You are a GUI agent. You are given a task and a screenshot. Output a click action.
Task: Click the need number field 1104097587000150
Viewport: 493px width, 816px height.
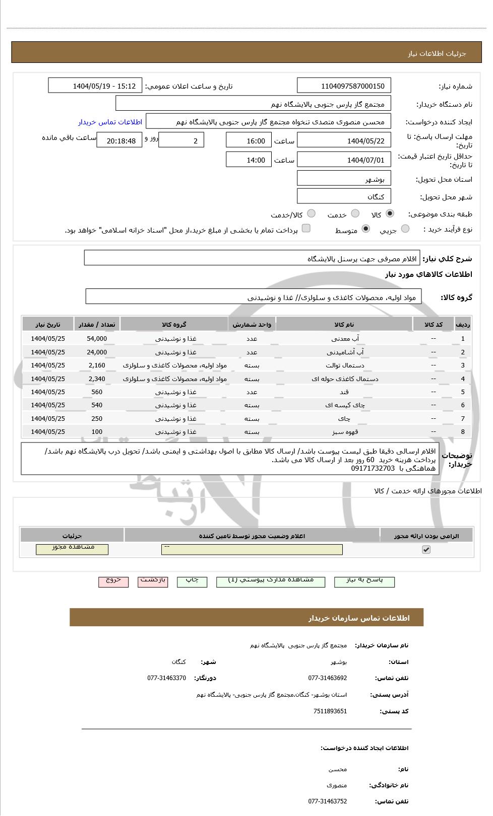point(344,86)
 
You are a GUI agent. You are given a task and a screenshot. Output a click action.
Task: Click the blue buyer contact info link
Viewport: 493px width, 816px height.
point(110,122)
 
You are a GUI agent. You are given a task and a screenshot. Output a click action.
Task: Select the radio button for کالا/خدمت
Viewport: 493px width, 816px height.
point(311,214)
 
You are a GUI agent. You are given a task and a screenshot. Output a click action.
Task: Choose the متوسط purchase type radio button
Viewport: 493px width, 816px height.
point(366,229)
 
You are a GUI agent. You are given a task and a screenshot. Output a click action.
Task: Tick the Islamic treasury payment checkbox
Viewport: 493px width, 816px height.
point(306,229)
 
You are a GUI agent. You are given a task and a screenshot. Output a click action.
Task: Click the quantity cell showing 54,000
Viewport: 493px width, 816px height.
point(97,339)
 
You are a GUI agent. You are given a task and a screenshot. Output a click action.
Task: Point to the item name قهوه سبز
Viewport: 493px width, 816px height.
point(344,432)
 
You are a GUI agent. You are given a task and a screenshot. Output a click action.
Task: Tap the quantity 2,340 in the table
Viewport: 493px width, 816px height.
point(97,379)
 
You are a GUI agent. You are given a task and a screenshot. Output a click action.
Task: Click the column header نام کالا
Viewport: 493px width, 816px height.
point(344,325)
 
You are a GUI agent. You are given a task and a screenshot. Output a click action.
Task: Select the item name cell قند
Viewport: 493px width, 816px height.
point(344,392)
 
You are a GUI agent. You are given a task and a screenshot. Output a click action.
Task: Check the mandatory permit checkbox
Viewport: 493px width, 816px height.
point(426,550)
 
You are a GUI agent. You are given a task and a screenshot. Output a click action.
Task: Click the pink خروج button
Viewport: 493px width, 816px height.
point(113,581)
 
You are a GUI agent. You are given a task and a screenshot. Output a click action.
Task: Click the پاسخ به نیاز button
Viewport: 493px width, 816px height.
point(364,581)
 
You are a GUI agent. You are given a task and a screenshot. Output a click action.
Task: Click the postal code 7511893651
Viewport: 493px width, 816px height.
point(330,711)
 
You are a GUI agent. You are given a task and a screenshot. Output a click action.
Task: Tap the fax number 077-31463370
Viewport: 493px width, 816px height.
point(166,678)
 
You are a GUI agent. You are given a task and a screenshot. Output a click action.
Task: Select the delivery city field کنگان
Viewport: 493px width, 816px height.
point(344,196)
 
